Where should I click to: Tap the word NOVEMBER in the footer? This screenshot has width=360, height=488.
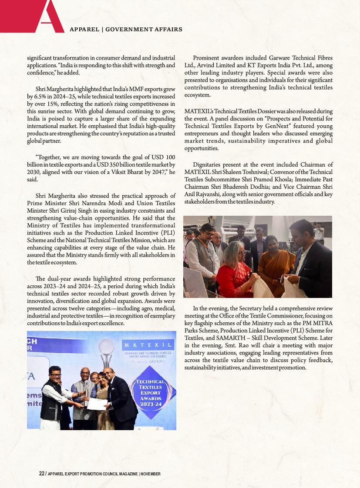click(151, 473)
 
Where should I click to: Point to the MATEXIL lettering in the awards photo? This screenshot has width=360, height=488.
click(148, 345)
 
